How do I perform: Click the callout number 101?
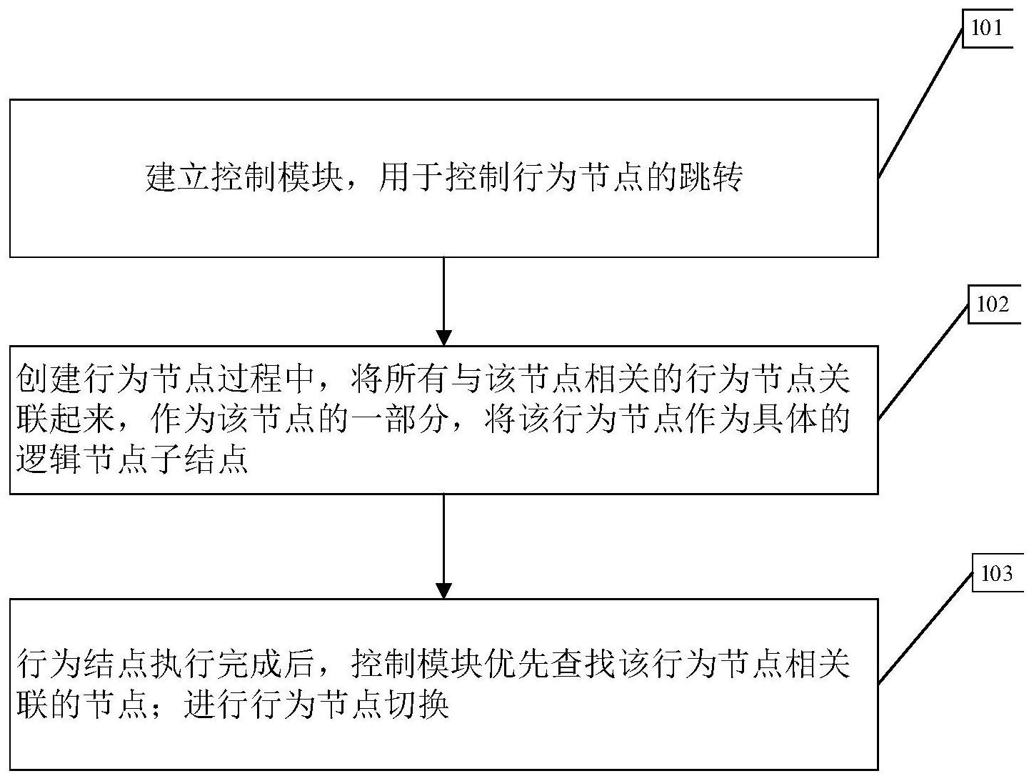coord(987,29)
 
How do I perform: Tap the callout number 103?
coord(997,574)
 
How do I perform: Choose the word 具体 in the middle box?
coord(783,419)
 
